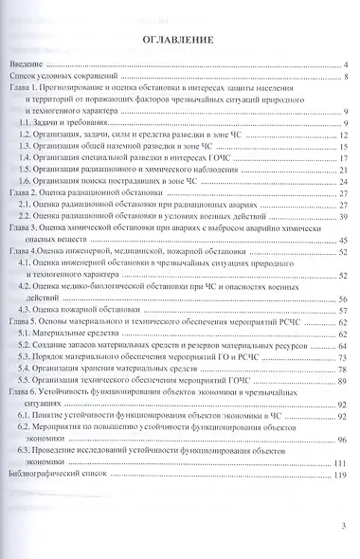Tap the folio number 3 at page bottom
(347, 531)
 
